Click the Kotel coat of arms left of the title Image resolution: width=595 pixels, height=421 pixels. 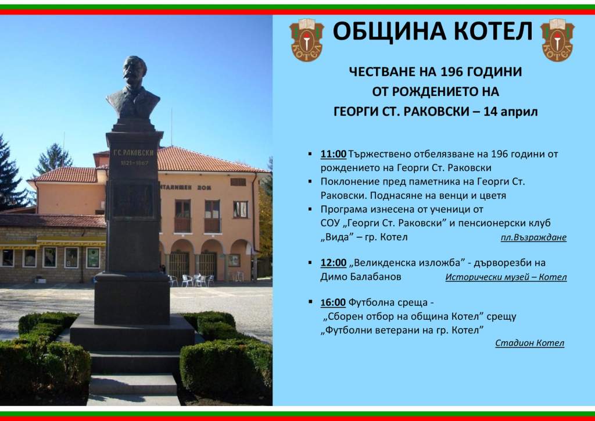(306, 40)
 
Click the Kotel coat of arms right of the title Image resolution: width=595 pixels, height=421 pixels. (557, 40)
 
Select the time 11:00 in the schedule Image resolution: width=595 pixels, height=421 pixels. (333, 154)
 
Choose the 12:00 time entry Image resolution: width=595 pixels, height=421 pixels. (333, 262)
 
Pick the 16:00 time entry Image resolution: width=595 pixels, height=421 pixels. (333, 302)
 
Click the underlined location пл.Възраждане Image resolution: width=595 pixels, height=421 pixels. (533, 238)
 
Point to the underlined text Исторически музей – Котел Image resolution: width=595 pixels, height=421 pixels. (506, 277)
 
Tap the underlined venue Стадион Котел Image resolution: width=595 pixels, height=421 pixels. (529, 343)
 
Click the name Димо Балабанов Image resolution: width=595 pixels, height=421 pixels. (360, 276)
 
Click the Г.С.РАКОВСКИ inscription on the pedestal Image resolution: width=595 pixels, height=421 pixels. (134, 152)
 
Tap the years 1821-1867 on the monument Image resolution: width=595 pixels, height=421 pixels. (134, 163)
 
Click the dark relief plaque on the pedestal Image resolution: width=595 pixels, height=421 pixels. (133, 200)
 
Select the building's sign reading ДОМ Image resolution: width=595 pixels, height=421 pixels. (205, 188)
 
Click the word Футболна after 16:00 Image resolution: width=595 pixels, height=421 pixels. (374, 302)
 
